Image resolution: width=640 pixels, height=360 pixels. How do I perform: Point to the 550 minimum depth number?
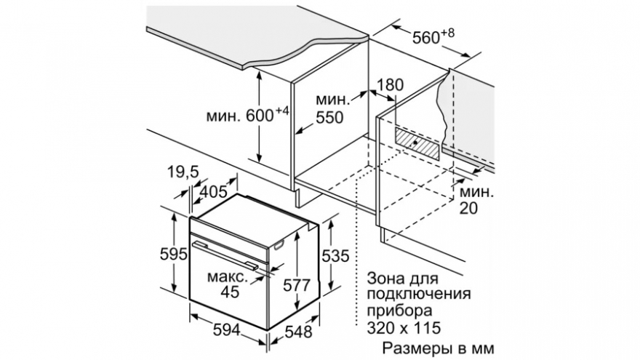[x=329, y=118]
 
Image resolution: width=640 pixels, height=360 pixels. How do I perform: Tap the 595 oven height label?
[x=173, y=255]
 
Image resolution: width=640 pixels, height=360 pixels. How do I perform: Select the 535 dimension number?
[x=335, y=256]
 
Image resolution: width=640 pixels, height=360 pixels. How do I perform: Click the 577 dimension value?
[x=297, y=285]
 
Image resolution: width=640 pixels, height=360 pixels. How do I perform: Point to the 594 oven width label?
[x=227, y=329]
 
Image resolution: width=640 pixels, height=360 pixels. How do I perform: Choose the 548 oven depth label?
[x=298, y=332]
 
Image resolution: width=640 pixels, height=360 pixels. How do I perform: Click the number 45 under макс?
[x=230, y=292]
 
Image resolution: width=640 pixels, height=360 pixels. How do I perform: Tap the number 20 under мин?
[x=468, y=208]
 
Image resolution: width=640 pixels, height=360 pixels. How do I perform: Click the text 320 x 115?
[x=404, y=327]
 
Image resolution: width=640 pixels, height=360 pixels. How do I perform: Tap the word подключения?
[x=419, y=295]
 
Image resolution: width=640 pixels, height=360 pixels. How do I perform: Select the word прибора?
[x=399, y=311]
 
